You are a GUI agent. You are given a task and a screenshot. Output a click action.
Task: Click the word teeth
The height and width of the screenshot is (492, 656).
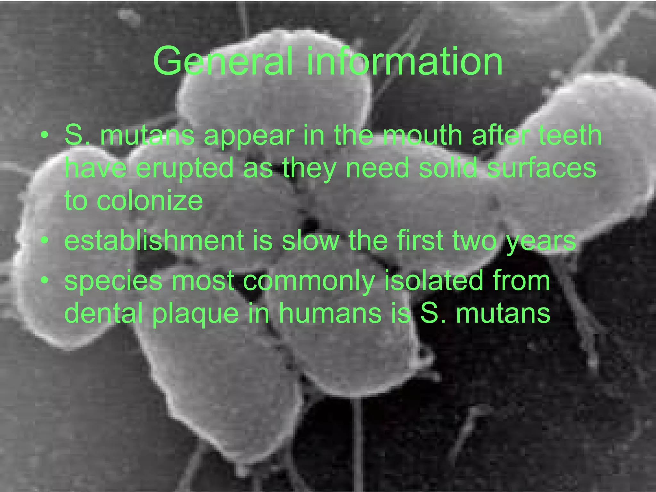(570, 135)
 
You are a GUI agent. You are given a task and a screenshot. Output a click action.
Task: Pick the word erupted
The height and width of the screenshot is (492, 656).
(185, 168)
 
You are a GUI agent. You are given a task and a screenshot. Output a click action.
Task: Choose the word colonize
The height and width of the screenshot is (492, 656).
(150, 201)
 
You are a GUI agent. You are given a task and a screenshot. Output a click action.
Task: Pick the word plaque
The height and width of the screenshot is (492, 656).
(196, 314)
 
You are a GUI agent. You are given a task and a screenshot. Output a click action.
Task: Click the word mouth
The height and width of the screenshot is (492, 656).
(423, 135)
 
